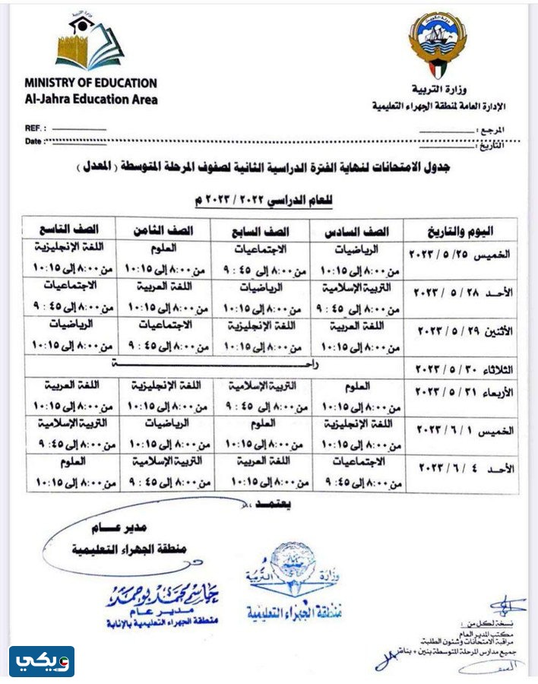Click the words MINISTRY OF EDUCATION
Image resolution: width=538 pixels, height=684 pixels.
click(x=90, y=83)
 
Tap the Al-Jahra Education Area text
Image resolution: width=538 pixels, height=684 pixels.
click(x=90, y=99)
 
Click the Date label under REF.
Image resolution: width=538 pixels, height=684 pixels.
click(x=33, y=141)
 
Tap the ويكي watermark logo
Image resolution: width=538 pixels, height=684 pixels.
click(x=42, y=662)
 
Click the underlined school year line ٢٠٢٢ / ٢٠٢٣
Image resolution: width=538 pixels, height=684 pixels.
click(x=264, y=200)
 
